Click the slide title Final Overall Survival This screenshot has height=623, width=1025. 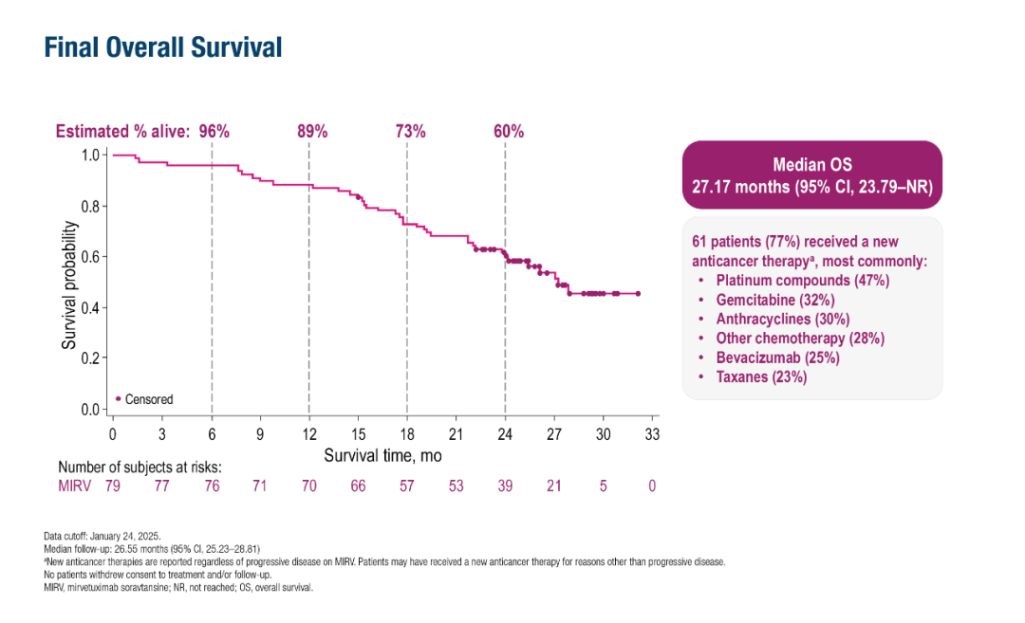pos(163,46)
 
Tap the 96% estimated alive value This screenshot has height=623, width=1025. pos(214,132)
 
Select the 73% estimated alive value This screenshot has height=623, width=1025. pos(410,132)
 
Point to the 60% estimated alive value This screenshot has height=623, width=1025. pos(509,132)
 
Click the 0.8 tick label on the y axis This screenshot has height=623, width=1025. pos(91,206)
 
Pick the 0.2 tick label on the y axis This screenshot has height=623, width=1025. pos(91,358)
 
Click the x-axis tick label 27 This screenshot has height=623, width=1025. pos(553,434)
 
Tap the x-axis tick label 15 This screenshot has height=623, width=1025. pos(358,434)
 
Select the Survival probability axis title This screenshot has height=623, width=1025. pos(69,285)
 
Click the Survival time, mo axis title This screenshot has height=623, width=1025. pos(382,455)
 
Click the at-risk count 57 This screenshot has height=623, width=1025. pos(406,486)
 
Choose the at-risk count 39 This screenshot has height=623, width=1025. pos(505,486)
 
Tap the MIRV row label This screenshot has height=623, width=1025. pos(73,486)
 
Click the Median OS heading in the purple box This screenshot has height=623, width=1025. pos(812,165)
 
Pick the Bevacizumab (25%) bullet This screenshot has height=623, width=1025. pos(777,357)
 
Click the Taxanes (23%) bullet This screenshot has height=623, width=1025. pos(761,376)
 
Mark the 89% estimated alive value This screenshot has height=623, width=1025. pos(312,132)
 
